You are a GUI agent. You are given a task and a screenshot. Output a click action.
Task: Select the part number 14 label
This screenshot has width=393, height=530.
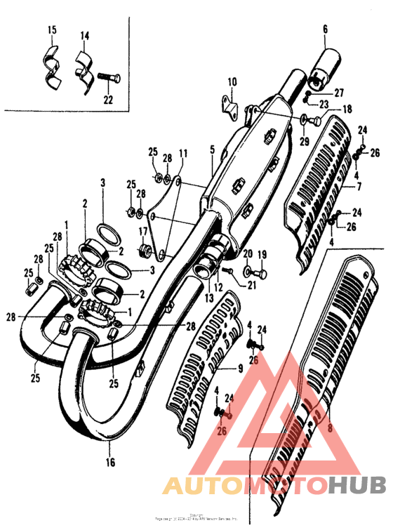84,35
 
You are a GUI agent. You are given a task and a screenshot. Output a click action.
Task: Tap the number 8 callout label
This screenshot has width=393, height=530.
329,427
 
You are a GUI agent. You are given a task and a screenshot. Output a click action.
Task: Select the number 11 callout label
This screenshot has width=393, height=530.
182,153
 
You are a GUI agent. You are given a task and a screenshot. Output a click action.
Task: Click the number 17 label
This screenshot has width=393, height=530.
142,232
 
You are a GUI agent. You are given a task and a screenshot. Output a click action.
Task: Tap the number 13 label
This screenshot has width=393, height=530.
208,298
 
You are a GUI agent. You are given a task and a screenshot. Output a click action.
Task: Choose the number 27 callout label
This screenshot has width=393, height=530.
339,93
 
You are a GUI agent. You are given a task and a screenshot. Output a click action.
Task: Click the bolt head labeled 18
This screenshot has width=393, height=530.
317,121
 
